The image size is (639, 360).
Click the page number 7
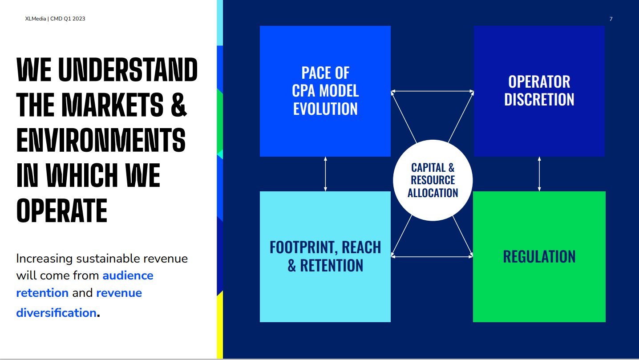tap(611, 19)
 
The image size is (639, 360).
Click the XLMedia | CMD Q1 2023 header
tap(55, 19)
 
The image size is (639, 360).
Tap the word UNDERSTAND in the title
tap(128, 69)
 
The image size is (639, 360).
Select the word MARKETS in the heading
tap(113, 105)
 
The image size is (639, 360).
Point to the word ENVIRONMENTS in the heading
tap(101, 140)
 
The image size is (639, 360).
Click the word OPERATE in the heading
tap(62, 210)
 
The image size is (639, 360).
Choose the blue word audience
tap(128, 275)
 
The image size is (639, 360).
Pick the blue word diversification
tap(56, 313)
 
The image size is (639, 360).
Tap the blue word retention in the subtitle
tap(42, 293)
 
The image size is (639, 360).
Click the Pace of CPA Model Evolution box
tap(325, 91)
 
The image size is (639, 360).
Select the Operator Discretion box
tap(539, 91)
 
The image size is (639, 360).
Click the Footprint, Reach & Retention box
tap(325, 257)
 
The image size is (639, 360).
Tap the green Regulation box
tap(539, 257)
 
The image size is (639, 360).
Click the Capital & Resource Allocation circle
tap(433, 180)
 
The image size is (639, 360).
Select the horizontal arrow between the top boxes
tap(432, 91)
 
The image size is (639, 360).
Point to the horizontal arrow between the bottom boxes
tap(432, 257)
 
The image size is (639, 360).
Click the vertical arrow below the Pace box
tap(325, 174)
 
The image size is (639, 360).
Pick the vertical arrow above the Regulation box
tap(539, 174)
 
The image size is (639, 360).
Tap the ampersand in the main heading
tap(179, 105)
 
